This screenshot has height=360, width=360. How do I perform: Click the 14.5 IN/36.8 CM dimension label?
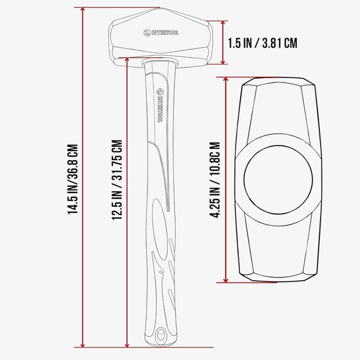coord(74,180)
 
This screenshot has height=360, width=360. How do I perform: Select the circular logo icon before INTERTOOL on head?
coord(146,32)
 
